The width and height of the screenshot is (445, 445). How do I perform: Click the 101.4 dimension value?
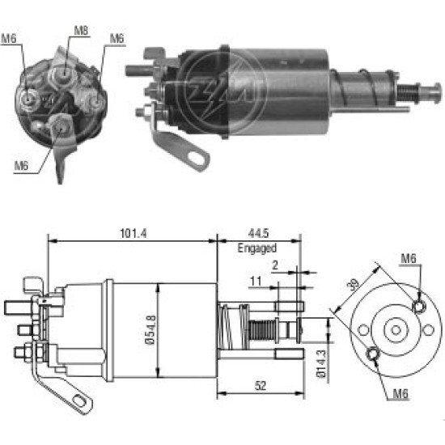[x=133, y=234]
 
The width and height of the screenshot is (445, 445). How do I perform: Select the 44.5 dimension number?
[x=258, y=234]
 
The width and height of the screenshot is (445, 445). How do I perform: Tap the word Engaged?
[x=256, y=248]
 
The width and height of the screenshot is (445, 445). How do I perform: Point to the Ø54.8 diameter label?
[x=150, y=329]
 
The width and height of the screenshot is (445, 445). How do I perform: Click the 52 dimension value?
[x=261, y=386]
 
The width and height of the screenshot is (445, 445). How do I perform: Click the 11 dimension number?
[x=256, y=282]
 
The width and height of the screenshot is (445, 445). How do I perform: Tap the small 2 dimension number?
[x=275, y=265]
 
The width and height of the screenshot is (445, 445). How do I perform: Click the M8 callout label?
[x=81, y=31]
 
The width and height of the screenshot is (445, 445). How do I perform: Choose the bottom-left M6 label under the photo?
[x=22, y=166]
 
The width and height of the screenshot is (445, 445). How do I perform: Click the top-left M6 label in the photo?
[x=9, y=39]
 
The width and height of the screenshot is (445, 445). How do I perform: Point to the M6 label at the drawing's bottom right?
[x=400, y=394]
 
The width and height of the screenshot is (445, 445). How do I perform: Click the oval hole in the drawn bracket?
[x=79, y=400]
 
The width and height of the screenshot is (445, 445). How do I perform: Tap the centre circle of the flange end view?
[x=396, y=330]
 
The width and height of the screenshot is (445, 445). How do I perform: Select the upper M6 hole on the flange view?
[x=419, y=306]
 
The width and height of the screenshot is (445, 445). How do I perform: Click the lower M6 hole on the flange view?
[x=373, y=354]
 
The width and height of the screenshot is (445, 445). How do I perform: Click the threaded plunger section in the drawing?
[x=262, y=330]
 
